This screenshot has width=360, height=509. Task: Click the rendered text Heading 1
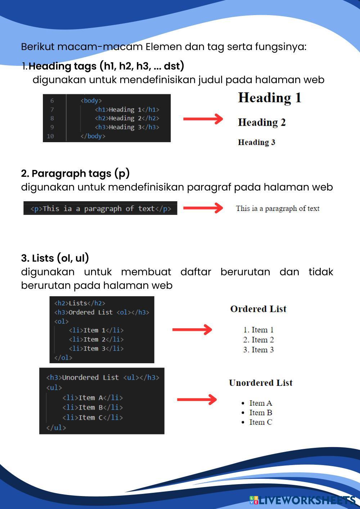click(270, 98)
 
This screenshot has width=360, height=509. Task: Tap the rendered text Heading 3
click(256, 143)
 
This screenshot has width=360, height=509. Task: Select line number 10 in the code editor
click(50, 136)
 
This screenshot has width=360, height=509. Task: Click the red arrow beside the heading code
click(203, 119)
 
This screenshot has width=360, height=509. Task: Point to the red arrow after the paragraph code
click(203, 208)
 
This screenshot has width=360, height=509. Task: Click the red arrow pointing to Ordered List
click(192, 329)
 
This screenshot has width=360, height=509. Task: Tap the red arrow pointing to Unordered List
click(197, 399)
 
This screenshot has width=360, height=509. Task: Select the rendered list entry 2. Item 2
click(258, 340)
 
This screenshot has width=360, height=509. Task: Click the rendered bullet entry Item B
click(261, 413)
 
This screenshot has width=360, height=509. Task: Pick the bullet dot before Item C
click(243, 423)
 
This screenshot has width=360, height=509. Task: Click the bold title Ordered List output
click(258, 309)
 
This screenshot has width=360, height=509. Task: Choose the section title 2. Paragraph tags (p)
click(75, 174)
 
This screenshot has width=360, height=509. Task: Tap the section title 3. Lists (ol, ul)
click(55, 258)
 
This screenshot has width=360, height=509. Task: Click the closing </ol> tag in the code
click(63, 357)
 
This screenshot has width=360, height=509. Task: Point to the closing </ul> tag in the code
click(56, 428)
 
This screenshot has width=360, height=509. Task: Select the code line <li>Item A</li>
click(93, 398)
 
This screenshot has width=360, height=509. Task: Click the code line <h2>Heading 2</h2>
click(127, 118)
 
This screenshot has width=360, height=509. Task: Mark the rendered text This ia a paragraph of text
click(278, 208)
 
